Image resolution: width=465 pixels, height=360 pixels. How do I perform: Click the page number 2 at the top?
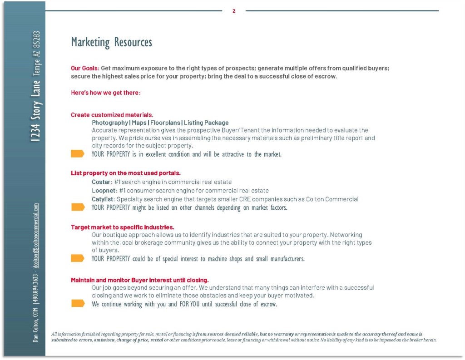pyautogui.click(x=234, y=11)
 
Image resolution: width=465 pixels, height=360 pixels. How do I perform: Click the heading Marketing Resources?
pyautogui.click(x=111, y=42)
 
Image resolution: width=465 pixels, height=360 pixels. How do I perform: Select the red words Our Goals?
pyautogui.click(x=84, y=68)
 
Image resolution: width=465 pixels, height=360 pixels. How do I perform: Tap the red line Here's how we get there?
pyautogui.click(x=106, y=93)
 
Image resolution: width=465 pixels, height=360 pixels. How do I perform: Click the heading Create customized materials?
pyautogui.click(x=112, y=115)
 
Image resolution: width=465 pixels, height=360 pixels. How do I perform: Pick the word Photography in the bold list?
pyautogui.click(x=110, y=123)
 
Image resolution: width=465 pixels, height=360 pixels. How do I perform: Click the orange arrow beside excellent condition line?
pyautogui.click(x=78, y=154)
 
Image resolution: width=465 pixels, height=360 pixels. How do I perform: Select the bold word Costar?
pyautogui.click(x=101, y=182)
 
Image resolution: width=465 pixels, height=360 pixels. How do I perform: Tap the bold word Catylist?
pyautogui.click(x=104, y=199)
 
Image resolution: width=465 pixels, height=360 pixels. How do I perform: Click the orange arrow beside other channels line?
pyautogui.click(x=78, y=207)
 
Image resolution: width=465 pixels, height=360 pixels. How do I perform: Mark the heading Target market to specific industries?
pyautogui.click(x=123, y=227)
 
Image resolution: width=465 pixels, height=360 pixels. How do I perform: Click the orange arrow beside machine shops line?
pyautogui.click(x=78, y=258)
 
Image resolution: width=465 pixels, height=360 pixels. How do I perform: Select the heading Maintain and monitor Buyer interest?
pyautogui.click(x=139, y=280)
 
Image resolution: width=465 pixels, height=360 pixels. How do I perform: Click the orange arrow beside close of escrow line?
pyautogui.click(x=78, y=304)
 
